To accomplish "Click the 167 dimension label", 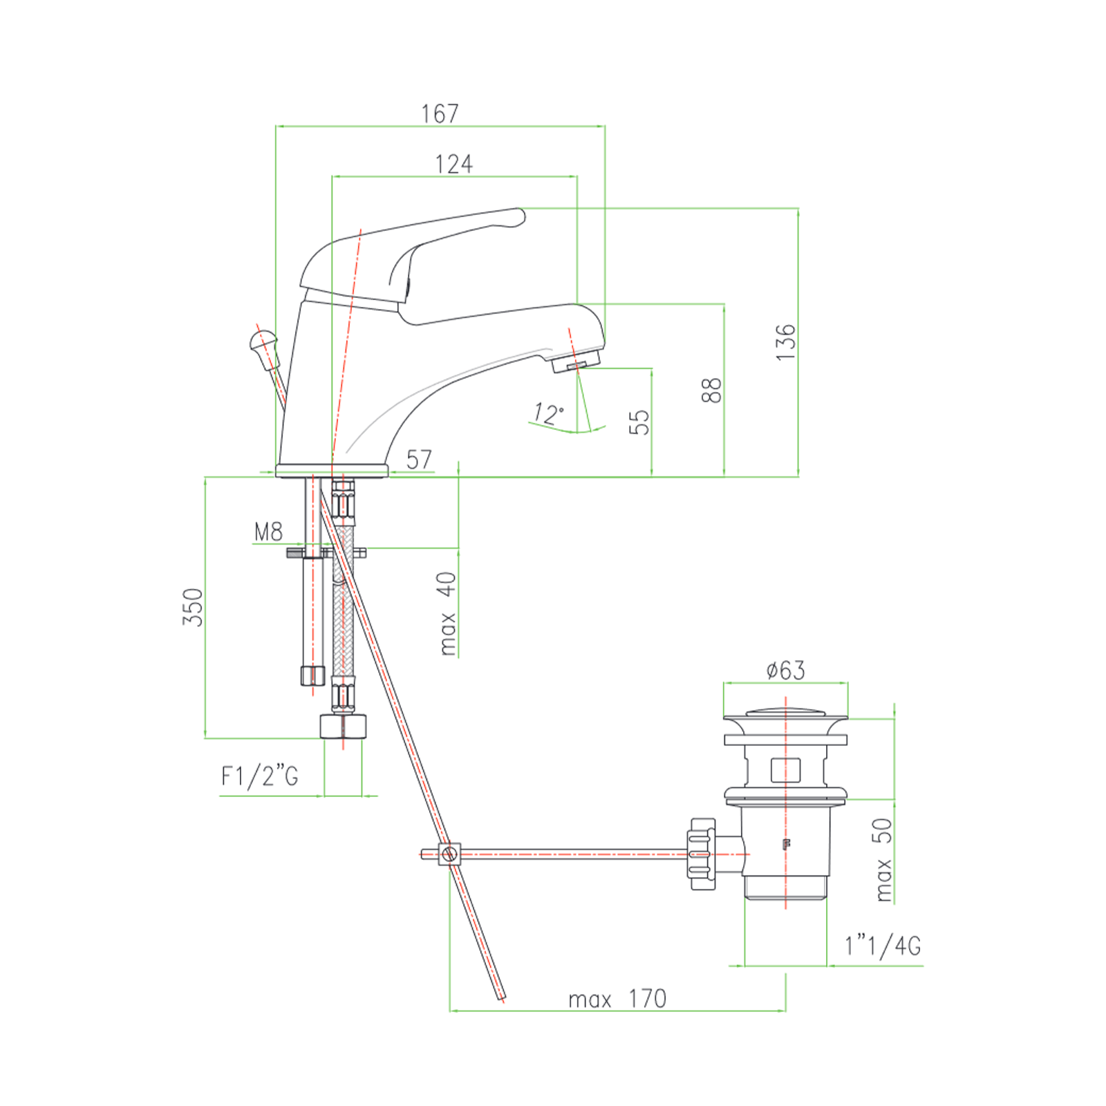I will tap(440, 113).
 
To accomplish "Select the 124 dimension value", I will tap(453, 165).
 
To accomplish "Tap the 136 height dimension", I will tap(785, 341).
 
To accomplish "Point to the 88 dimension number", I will tap(711, 390).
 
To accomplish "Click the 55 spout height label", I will tap(639, 422).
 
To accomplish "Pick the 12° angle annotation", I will tap(548, 413).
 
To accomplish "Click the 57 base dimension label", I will tap(419, 460).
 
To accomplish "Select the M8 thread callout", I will tap(268, 532).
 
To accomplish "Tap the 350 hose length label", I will tap(193, 607).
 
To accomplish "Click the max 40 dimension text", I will tap(447, 612).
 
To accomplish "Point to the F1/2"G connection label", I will tap(260, 776).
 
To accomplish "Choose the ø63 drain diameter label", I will tap(785, 670).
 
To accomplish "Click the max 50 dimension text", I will tap(882, 859).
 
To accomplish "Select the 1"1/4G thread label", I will tap(883, 945).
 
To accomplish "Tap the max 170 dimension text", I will tap(617, 999).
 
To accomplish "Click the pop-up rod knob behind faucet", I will tap(263, 341).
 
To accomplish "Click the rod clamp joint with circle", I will tap(449, 854).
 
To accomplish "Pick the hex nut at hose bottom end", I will tap(343, 727).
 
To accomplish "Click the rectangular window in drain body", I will tap(785, 769).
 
